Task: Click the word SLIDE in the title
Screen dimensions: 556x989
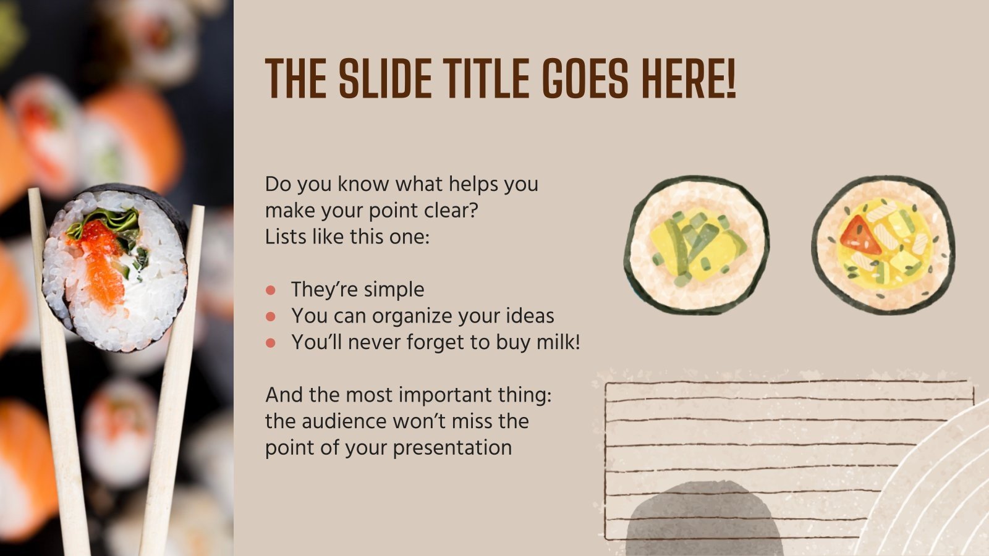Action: click(x=383, y=78)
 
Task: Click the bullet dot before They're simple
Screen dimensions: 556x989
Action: click(x=270, y=290)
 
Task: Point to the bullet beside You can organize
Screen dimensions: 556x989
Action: click(x=270, y=316)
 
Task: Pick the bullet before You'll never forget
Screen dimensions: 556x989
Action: click(x=270, y=343)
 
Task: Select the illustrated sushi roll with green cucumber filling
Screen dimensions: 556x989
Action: click(x=696, y=245)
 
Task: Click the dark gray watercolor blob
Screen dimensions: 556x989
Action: click(x=705, y=519)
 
